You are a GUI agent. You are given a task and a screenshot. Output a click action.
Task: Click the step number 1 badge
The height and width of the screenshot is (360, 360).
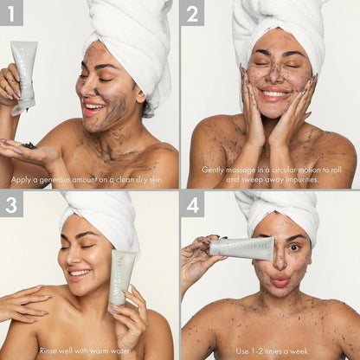pos(12,12)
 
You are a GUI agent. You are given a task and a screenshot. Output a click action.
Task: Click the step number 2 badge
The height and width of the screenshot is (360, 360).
pos(193,12)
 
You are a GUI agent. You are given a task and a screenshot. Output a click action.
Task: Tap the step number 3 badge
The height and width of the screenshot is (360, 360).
pos(12,204)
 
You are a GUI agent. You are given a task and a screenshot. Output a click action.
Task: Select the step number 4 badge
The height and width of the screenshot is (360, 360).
pos(193,204)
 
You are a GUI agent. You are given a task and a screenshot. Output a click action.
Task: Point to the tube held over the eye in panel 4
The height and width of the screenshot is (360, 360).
pos(241,248)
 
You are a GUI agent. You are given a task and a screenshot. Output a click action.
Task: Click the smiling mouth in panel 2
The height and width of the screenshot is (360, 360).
pos(273,93)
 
